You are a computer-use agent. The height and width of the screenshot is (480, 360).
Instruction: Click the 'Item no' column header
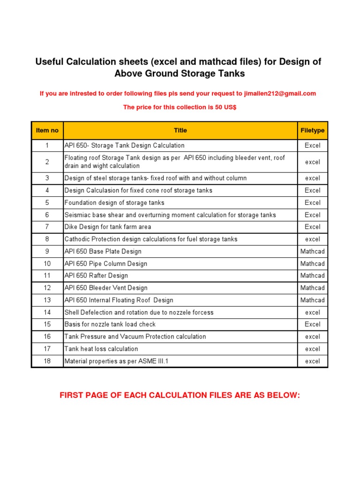[x=47, y=130]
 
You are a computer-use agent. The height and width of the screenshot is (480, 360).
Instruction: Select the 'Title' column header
[x=180, y=130]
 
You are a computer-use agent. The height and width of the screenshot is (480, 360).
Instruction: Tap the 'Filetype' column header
[x=312, y=130]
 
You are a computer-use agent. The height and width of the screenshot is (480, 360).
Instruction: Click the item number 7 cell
[x=47, y=227]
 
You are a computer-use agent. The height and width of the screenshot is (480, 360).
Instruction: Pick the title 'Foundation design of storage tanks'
[x=114, y=202]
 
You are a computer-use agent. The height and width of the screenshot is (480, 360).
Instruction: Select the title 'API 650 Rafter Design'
[x=96, y=276]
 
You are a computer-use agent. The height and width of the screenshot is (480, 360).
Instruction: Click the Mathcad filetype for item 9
[x=312, y=251]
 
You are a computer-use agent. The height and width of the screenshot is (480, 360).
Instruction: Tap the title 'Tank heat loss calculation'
[x=101, y=349]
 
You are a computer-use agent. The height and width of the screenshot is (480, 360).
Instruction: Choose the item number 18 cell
[x=47, y=361]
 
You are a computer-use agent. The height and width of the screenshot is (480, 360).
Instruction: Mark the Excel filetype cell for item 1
[x=312, y=145]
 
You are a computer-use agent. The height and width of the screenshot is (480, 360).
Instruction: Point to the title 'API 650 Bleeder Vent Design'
[x=106, y=288]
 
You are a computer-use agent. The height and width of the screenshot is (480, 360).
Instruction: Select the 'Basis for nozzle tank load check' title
[x=110, y=324]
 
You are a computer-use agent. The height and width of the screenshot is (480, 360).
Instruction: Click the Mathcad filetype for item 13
[x=312, y=300]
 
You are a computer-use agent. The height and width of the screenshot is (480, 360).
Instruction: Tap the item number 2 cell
[x=47, y=162]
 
